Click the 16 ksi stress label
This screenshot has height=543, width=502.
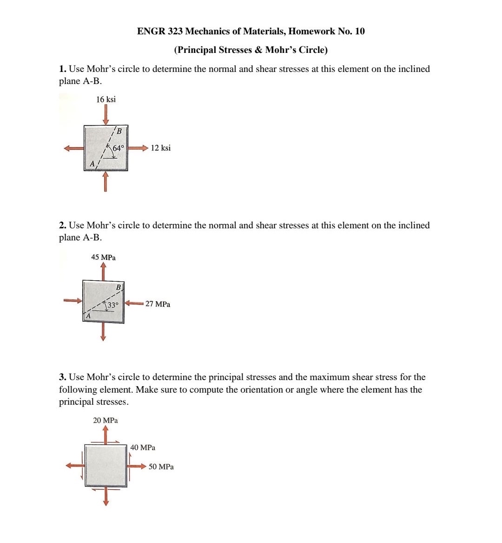tap(106, 99)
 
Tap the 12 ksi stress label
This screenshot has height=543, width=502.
tap(160, 148)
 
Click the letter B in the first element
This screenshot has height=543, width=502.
tap(119, 131)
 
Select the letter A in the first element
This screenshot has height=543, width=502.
tap(92, 164)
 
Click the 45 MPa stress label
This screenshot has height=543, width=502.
tap(103, 257)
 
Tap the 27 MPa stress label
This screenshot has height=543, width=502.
tap(158, 304)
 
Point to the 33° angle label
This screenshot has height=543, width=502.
tap(113, 305)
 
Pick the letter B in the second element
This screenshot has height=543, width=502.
tap(118, 287)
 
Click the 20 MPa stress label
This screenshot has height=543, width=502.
tap(105, 420)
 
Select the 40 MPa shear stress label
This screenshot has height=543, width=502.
tap(143, 448)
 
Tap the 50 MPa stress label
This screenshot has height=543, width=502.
tap(161, 467)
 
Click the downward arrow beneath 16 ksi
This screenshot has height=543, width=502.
tap(106, 114)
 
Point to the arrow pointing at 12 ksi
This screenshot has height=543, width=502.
tap(139, 148)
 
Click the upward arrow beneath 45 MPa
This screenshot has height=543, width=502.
tap(103, 271)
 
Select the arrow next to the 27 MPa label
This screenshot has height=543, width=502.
tap(134, 304)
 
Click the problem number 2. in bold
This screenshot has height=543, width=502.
tap(63, 226)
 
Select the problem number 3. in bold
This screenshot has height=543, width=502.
tap(63, 377)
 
